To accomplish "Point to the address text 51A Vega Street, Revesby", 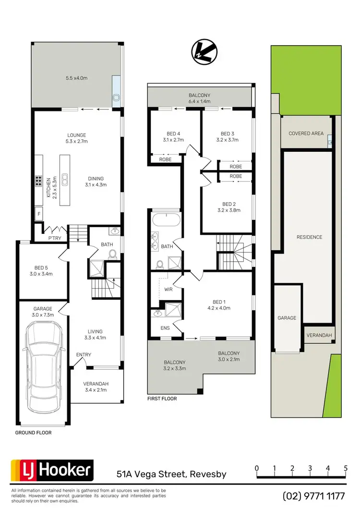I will tap(171, 474).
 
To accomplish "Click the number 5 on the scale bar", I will tap(345, 468).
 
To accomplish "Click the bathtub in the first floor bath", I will tap(165, 220).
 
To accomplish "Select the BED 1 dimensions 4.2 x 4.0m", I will tap(220, 308).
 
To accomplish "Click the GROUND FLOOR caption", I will tap(33, 432).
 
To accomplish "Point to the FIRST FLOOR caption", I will tap(162, 399).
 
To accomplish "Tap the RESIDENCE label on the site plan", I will tap(309, 237).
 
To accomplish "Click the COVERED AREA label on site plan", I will tap(306, 134).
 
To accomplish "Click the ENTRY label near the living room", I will tap(84, 355).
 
